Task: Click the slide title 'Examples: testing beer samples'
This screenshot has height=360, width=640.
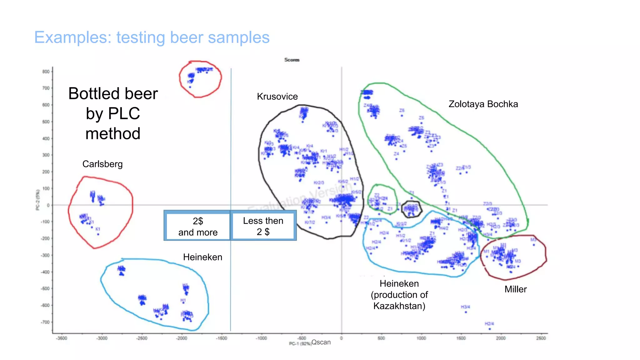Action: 152,37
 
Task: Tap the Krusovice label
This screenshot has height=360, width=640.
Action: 277,97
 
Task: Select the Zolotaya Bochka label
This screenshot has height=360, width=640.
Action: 483,104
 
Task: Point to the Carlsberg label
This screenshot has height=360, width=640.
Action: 102,164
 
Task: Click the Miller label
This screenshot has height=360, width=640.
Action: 515,289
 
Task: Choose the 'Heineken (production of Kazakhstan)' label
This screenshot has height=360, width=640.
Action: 399,295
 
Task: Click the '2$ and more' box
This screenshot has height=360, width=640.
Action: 197,226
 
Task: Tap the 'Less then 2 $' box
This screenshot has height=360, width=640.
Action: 263,226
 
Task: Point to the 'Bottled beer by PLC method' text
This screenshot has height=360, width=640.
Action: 113,113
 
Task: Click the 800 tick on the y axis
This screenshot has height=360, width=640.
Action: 46,72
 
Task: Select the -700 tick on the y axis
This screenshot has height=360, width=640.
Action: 45,322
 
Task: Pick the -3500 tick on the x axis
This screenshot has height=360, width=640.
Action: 62,338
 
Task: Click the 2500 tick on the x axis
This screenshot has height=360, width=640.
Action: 541,338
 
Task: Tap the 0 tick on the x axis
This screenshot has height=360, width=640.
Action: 341,338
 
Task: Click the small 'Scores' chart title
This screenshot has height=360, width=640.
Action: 292,60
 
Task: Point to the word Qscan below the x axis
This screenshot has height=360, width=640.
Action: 321,342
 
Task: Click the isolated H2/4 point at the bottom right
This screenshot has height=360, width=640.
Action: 489,329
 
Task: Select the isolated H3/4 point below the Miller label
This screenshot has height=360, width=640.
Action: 466,312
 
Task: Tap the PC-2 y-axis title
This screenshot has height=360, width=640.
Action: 38,200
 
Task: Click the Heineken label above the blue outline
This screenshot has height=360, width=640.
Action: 202,257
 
